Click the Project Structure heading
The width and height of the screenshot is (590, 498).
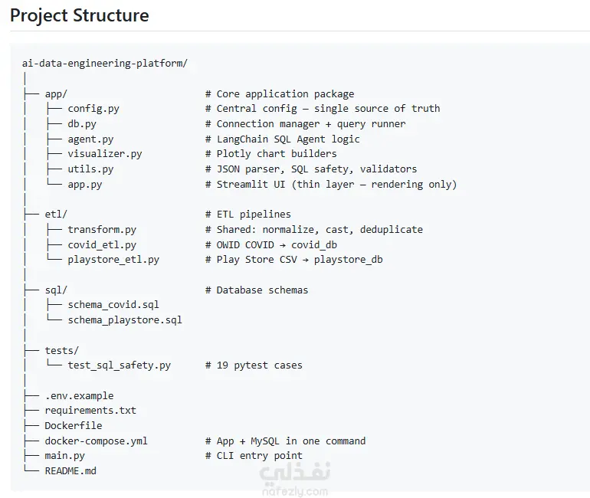pyautogui.click(x=80, y=16)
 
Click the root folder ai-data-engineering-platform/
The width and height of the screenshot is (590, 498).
pyautogui.click(x=105, y=63)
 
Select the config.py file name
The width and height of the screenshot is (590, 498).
pyautogui.click(x=93, y=109)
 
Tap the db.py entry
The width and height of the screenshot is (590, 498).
pyautogui.click(x=82, y=124)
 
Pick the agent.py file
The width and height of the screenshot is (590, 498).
pyautogui.click(x=90, y=139)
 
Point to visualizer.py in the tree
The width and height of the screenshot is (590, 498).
pyautogui.click(x=105, y=154)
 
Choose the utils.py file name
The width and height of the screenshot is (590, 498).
pyautogui.click(x=90, y=169)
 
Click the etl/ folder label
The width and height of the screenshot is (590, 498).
pyautogui.click(x=56, y=215)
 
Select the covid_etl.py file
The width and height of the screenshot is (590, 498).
pyautogui.click(x=102, y=245)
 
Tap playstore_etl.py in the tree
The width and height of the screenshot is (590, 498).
pyautogui.click(x=113, y=260)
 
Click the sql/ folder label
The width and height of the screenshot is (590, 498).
pyautogui.click(x=56, y=290)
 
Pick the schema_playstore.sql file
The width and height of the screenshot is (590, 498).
pyautogui.click(x=125, y=320)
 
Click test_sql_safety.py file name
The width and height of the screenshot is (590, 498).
pyautogui.click(x=119, y=365)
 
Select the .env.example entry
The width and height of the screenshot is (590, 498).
pyautogui.click(x=79, y=395)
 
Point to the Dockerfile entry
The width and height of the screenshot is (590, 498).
pyautogui.click(x=74, y=426)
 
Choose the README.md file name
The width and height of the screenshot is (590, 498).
pyautogui.click(x=70, y=471)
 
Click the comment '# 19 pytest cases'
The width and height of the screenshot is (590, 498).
pyautogui.click(x=254, y=365)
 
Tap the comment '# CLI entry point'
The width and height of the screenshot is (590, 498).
pyautogui.click(x=254, y=456)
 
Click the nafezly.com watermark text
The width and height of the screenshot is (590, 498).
pyautogui.click(x=295, y=492)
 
